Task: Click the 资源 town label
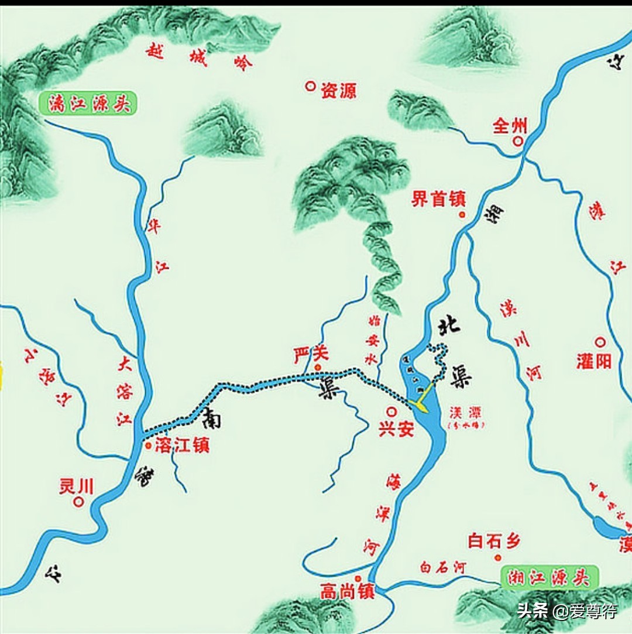(339, 90)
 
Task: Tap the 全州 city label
(510, 126)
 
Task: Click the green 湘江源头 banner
(550, 578)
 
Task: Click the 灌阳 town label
(593, 361)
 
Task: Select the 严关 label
(311, 354)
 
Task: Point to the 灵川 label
(76, 486)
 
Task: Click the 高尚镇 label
(347, 592)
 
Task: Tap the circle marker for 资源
(310, 86)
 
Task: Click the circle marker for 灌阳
(599, 342)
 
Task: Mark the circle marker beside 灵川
(78, 502)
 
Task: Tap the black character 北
(449, 323)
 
